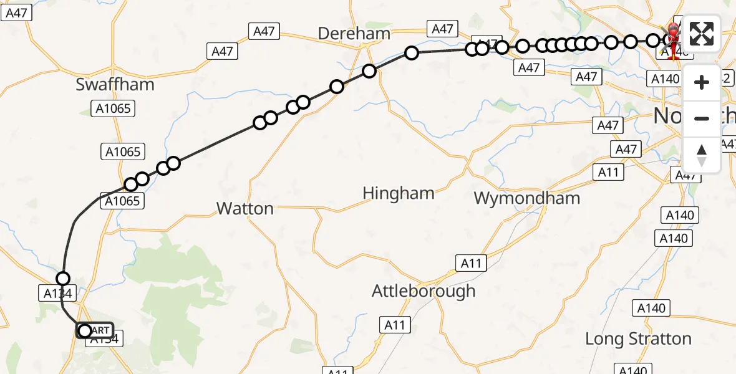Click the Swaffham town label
115,85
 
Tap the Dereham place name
354,34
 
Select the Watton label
245,208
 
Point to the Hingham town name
398,194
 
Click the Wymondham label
526,199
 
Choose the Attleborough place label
423,291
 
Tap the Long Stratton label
638,339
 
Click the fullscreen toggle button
702,34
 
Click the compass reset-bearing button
702,155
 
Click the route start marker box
95,330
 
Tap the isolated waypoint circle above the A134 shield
63,279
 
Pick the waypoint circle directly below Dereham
369,71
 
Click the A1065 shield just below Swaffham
114,109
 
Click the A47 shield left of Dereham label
264,31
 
